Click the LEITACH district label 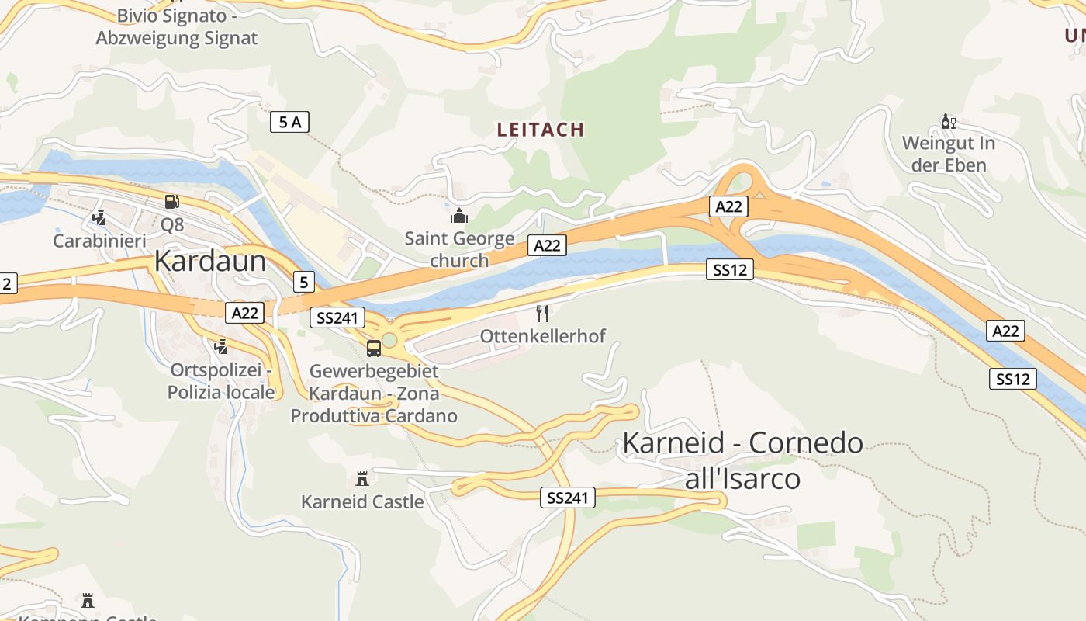pos(540,130)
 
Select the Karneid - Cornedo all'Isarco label pos(742,460)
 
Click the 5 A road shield pos(290,122)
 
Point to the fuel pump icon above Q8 pos(171,202)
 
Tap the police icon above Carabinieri pos(99,218)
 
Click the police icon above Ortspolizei pos(221,346)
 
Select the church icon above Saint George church pos(459,215)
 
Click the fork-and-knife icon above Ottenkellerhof pos(542,314)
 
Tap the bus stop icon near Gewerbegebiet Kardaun pos(374,349)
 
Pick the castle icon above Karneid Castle pos(361,478)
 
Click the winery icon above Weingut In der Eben pos(948,121)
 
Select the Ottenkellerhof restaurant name pos(542,336)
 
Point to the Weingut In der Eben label pos(948,154)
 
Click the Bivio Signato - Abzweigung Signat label pos(176,27)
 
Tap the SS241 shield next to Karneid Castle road pos(568,498)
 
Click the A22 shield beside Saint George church pos(547,245)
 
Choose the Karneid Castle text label pos(362,501)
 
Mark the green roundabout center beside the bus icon pos(389,341)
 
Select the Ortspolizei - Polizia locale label pos(221,381)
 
